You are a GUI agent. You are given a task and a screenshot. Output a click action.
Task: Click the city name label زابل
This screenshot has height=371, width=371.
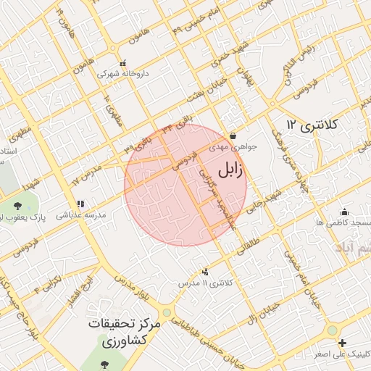231,170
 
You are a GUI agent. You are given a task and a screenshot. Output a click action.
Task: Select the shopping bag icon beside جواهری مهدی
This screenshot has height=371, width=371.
233,136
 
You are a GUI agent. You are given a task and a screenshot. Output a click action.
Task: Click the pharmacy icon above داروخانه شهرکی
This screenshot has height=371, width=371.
122,63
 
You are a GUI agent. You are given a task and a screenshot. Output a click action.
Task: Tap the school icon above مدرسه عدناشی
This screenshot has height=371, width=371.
80,204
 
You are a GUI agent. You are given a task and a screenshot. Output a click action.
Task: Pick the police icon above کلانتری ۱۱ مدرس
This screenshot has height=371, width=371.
205,271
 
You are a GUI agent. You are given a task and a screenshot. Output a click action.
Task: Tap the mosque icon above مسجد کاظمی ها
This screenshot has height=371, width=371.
343,212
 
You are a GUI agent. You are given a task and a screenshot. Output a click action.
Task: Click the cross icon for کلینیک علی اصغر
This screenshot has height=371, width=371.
342,343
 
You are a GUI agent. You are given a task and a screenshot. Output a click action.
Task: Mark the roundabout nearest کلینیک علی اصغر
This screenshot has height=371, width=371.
331,330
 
